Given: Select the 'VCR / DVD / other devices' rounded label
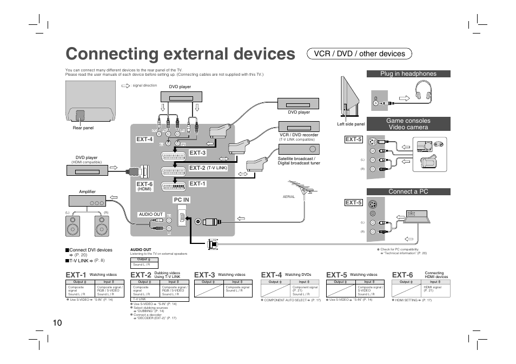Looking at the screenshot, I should [x=359, y=54].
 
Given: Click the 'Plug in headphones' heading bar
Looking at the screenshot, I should [x=408, y=74].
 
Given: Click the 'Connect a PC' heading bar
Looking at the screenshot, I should [x=408, y=191].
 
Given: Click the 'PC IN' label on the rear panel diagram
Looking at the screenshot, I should [x=181, y=200].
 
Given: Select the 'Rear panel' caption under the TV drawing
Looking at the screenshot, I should [x=83, y=128].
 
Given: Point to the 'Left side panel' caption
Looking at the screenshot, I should [x=350, y=124].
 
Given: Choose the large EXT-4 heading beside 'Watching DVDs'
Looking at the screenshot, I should [x=271, y=275].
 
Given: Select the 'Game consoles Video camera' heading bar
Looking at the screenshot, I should [x=408, y=124].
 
